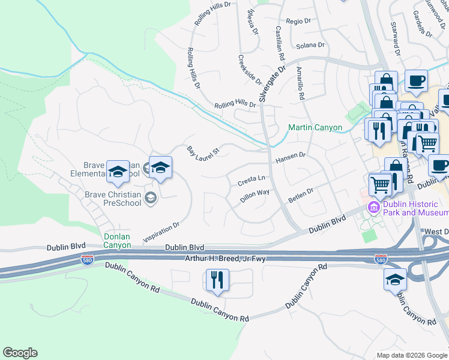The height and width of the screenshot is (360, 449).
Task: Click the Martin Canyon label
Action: [x=315, y=127]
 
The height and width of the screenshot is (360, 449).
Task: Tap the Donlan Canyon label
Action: [x=116, y=241]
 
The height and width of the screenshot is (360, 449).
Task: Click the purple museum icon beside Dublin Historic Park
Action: [x=373, y=208]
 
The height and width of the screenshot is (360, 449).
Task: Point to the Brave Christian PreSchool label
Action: [x=113, y=199]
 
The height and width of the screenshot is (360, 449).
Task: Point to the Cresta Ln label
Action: [x=252, y=179]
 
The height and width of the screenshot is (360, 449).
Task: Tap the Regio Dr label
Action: [x=298, y=20]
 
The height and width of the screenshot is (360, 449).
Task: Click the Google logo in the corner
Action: [x=20, y=353]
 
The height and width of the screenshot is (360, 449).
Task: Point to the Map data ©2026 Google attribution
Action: [x=412, y=355]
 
